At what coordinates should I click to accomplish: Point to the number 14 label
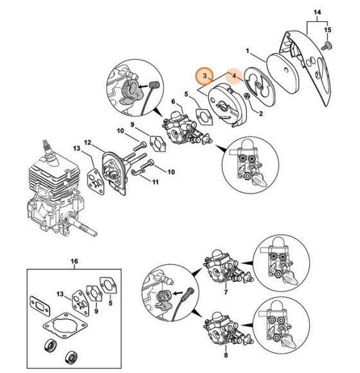point(316,12)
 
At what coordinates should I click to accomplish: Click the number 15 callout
point(329,30)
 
